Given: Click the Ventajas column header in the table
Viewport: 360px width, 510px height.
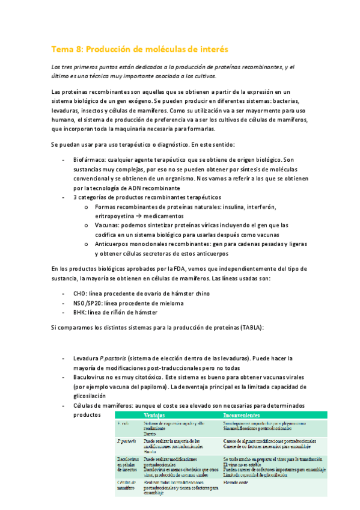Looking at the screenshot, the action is (155, 416).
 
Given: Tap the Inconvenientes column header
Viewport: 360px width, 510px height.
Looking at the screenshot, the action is (242, 416).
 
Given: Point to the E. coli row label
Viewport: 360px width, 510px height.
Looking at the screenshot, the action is (124, 423).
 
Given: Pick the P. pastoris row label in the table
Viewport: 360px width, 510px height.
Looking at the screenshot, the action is (126, 441).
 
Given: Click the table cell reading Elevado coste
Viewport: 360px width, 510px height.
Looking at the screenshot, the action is (236, 483).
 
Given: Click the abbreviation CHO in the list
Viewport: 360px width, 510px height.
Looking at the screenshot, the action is (80, 294).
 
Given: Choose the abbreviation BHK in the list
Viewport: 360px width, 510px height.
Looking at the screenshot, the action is (80, 312).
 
